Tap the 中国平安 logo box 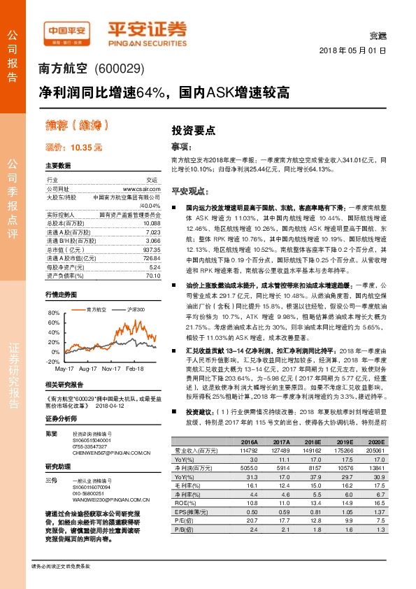(66, 31)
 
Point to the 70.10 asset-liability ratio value (154, 276)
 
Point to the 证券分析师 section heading (59, 418)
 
